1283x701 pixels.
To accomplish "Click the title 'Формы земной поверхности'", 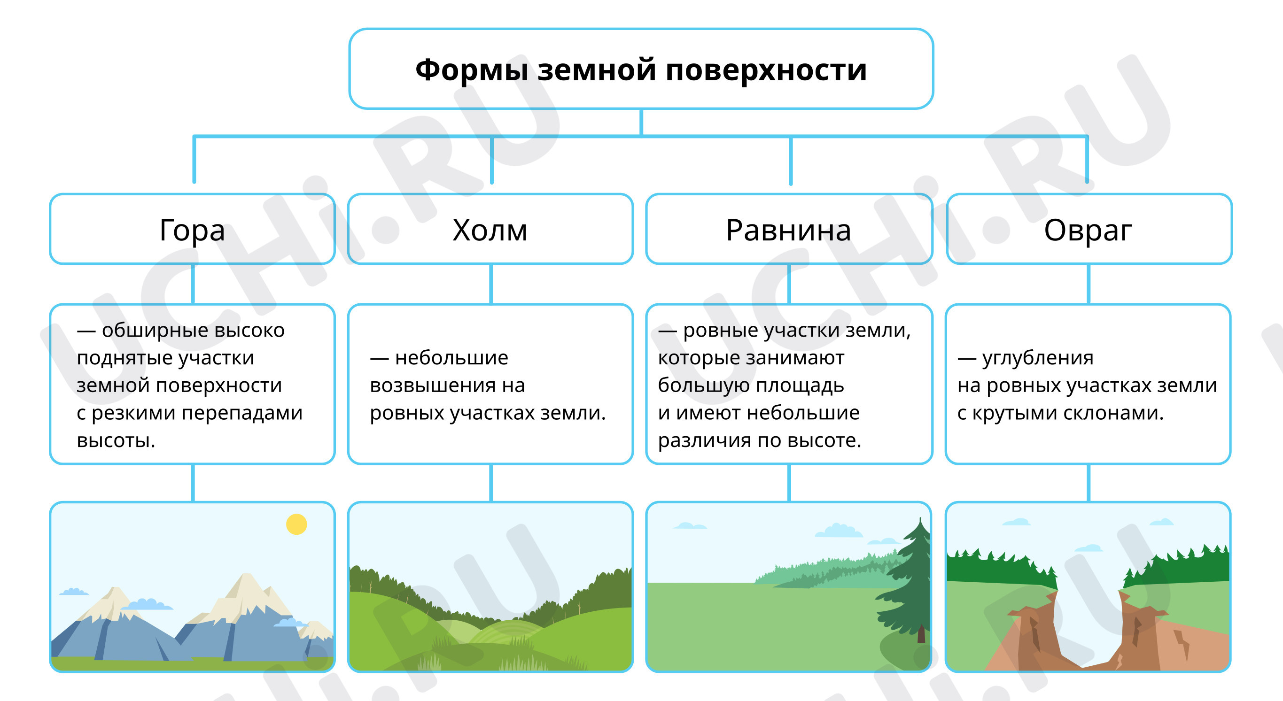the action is pos(641,69).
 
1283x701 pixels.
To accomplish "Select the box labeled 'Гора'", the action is pos(192,229).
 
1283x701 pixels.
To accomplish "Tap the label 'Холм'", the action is pos(490,230).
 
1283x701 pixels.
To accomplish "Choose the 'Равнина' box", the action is pos(789,229).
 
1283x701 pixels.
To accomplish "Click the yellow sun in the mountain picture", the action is pos(296,524).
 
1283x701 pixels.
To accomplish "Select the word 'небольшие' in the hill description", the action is pos(452,357).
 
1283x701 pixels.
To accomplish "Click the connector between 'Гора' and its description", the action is pos(193,284).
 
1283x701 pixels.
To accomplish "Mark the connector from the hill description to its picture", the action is pos(491,483).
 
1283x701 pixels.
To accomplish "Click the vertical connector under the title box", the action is pos(641,122).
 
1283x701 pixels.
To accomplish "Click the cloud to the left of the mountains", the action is pos(74,592).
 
